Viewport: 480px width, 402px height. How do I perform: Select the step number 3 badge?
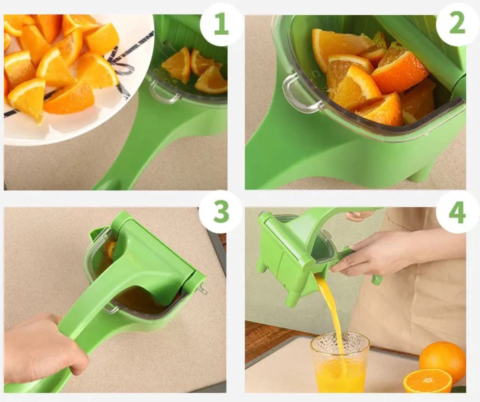click(221, 212)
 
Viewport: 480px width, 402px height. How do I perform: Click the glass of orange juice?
click(340, 362)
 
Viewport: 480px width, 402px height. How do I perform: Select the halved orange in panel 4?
click(427, 381)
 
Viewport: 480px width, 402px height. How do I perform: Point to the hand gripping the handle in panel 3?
click(43, 348)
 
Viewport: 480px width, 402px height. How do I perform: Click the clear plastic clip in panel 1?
click(164, 94)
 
